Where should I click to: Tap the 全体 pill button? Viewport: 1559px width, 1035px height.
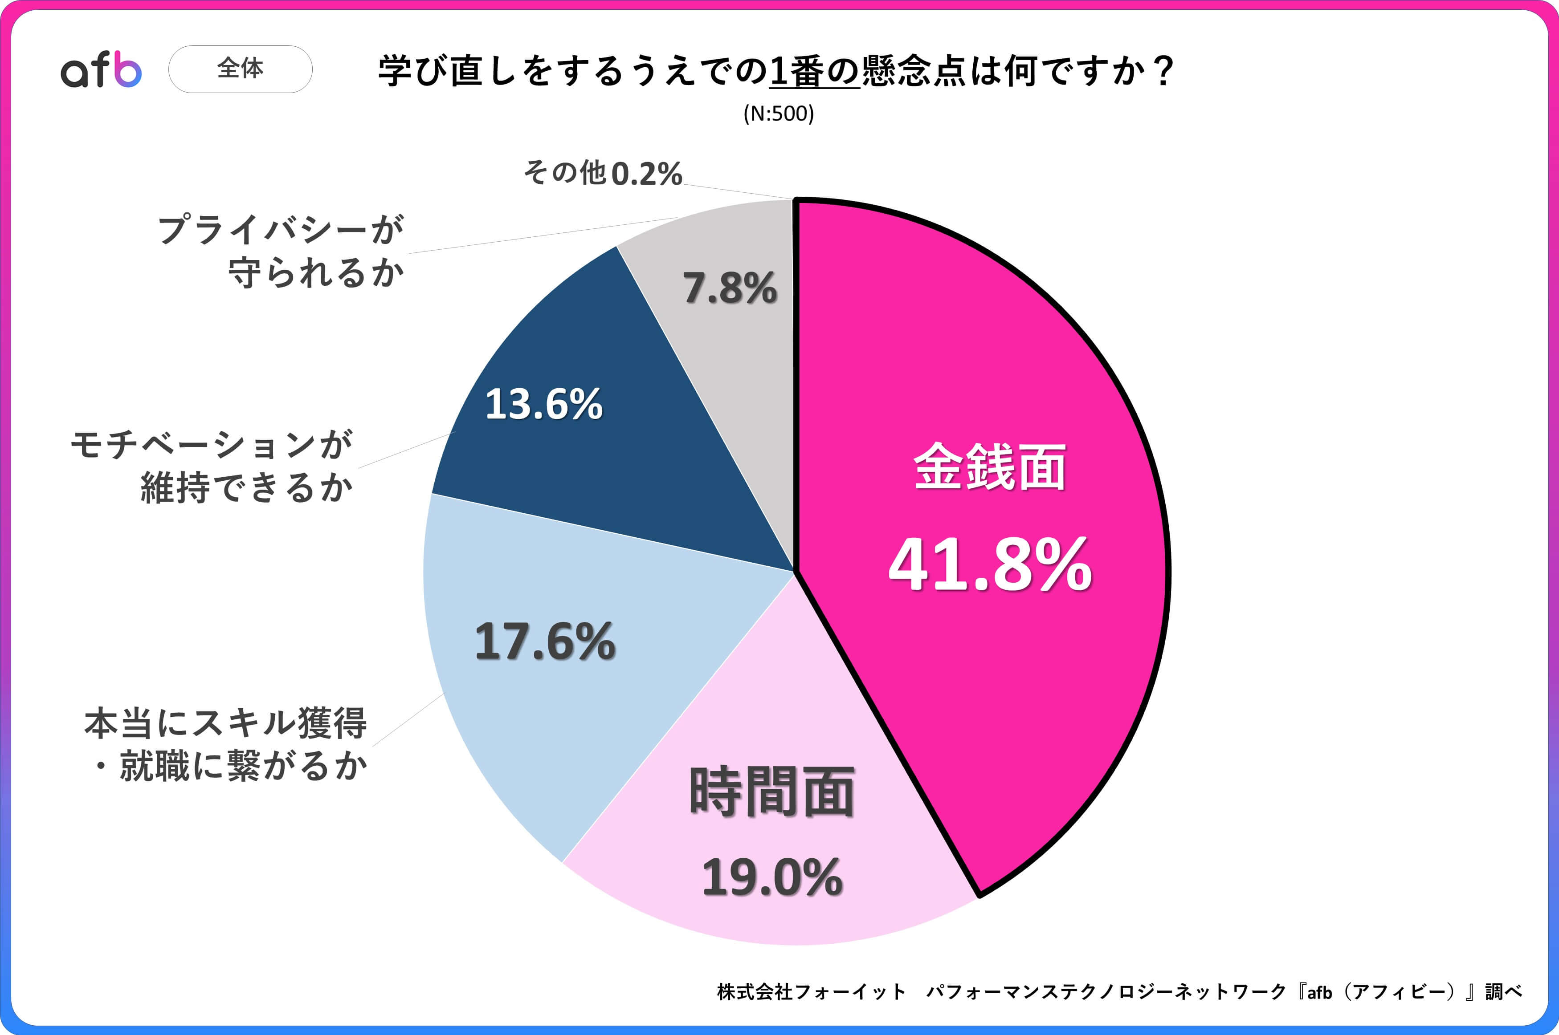[241, 69]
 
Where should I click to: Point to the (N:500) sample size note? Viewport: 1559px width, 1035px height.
[779, 114]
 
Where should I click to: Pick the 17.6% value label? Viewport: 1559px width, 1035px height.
[545, 641]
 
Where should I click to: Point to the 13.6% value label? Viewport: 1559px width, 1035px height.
[543, 404]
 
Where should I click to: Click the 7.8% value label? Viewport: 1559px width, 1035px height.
[730, 288]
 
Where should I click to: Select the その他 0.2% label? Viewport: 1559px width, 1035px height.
[602, 173]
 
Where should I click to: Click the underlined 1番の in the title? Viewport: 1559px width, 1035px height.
[814, 71]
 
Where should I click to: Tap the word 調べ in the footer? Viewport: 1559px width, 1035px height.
[1503, 991]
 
